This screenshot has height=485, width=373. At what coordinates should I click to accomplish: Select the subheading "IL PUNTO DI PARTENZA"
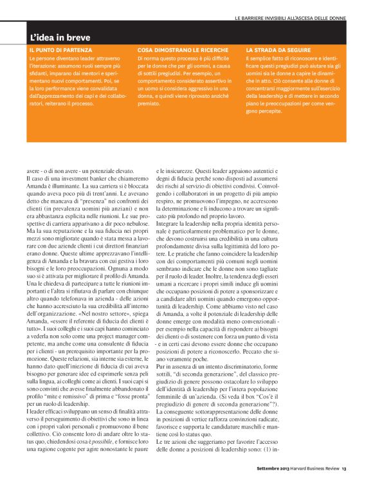click(60, 50)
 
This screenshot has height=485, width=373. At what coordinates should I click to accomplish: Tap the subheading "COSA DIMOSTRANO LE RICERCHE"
click(172, 50)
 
